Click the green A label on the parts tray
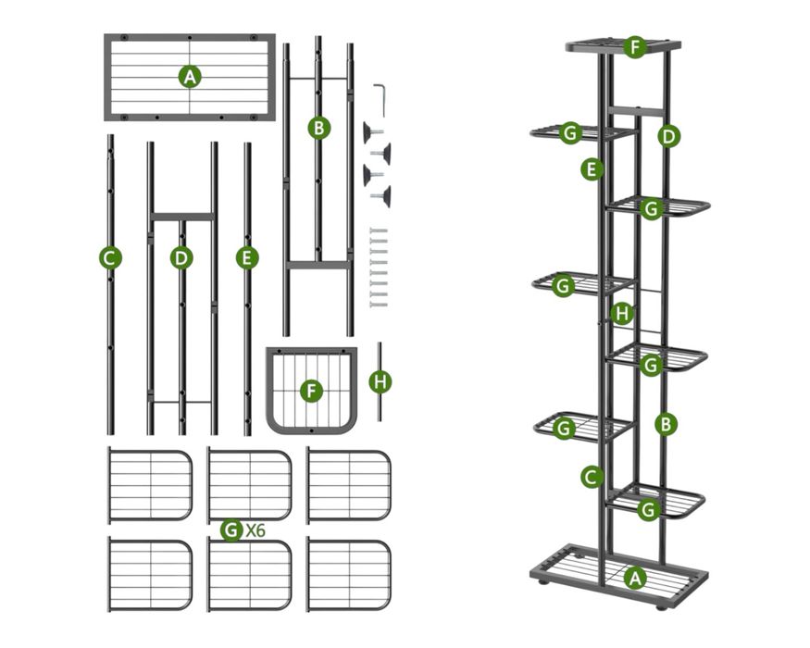click(x=190, y=77)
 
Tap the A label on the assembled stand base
click(x=634, y=578)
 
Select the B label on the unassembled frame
click(x=318, y=129)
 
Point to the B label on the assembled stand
click(x=666, y=424)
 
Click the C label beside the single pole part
click(x=110, y=258)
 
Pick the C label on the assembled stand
click(x=592, y=477)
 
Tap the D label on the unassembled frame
click(x=181, y=258)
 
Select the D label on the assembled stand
click(x=669, y=136)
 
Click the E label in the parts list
click(x=246, y=258)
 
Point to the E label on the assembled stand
click(x=592, y=168)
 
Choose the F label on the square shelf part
click(x=312, y=391)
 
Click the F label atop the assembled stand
click(x=634, y=46)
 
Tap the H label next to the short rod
click(x=380, y=380)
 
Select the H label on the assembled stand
click(x=622, y=314)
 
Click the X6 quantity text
click(x=255, y=531)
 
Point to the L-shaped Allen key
click(x=380, y=95)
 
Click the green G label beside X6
click(x=231, y=530)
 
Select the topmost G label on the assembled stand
click(x=571, y=133)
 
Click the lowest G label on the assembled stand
click(x=648, y=509)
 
